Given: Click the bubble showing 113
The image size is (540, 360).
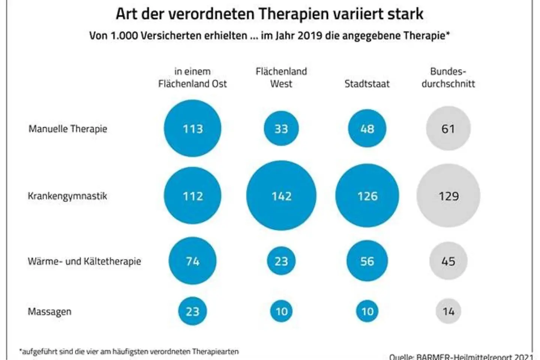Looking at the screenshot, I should click(192, 128).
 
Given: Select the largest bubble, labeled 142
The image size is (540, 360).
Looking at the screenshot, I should click(281, 195).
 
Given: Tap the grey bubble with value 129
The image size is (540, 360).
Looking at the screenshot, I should click(448, 195).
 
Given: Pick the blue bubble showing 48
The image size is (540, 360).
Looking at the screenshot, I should click(367, 128).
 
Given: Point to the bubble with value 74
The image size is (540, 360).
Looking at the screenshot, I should click(192, 261).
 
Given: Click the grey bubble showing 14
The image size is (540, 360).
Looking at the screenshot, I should click(448, 311).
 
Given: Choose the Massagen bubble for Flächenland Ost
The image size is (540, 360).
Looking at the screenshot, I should click(192, 311).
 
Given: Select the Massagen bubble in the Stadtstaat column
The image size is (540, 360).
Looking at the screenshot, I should click(367, 311).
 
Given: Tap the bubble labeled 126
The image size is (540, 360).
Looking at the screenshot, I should click(367, 195).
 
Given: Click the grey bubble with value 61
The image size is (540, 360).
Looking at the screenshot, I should click(448, 128).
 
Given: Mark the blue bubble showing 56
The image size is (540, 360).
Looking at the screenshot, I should click(367, 261).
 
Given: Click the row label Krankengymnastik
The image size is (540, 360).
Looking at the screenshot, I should click(67, 196).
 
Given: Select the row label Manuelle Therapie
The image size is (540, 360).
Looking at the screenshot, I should click(68, 129).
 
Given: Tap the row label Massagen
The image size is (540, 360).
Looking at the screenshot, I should click(49, 312).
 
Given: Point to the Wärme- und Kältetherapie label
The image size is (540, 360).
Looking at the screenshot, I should click(84, 261).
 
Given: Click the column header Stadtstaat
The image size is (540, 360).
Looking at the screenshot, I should click(367, 84).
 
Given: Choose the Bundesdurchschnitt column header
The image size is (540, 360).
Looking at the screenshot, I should click(448, 78).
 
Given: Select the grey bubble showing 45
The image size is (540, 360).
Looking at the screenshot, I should click(448, 261).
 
